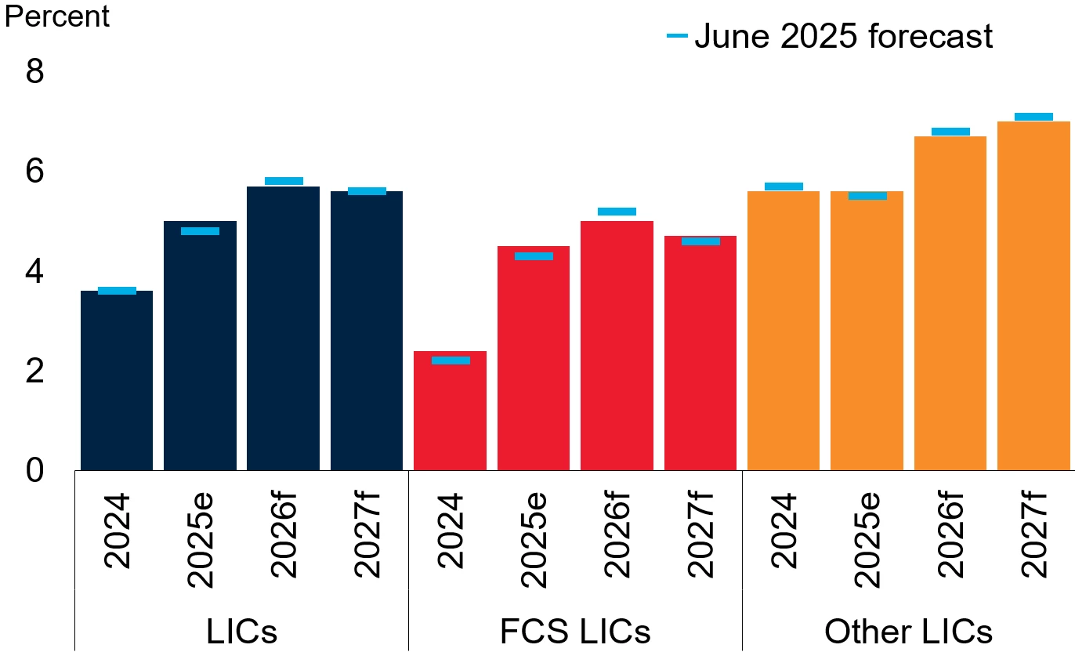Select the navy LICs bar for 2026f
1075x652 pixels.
(x=283, y=329)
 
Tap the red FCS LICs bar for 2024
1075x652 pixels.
(x=450, y=411)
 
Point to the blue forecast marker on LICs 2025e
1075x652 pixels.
(x=200, y=231)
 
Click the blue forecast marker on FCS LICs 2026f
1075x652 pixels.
(x=617, y=212)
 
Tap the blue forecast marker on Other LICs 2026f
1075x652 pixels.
(x=950, y=132)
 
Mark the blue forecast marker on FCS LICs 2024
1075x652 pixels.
(x=451, y=360)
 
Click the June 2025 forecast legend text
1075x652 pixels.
(x=843, y=36)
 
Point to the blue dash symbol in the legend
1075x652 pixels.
(x=677, y=36)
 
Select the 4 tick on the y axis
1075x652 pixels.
(x=35, y=272)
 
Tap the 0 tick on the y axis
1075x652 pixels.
(x=35, y=471)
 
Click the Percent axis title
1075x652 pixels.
(x=57, y=16)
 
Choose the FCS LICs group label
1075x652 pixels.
(x=575, y=632)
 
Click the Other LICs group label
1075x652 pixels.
(x=908, y=632)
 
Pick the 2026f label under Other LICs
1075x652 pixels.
(x=950, y=536)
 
